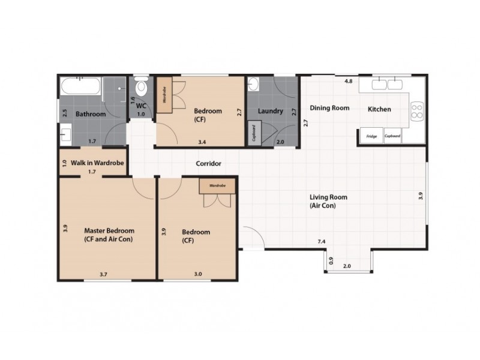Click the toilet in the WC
(x=141, y=86)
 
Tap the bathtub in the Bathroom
(x=81, y=86)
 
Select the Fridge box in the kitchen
(x=371, y=136)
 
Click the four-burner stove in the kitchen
(x=417, y=111)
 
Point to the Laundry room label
(x=271, y=111)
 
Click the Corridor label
(x=208, y=163)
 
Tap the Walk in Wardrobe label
(x=97, y=163)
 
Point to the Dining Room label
(x=329, y=108)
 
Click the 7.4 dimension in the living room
(x=322, y=242)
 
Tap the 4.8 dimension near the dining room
(x=349, y=81)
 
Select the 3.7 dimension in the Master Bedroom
(x=103, y=274)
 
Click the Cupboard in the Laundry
(x=254, y=133)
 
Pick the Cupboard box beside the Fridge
(x=392, y=136)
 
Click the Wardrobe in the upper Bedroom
(x=164, y=95)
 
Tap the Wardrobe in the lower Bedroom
(x=217, y=186)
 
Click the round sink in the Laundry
(x=253, y=84)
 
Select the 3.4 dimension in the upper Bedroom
(x=202, y=142)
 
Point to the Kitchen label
(x=379, y=109)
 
